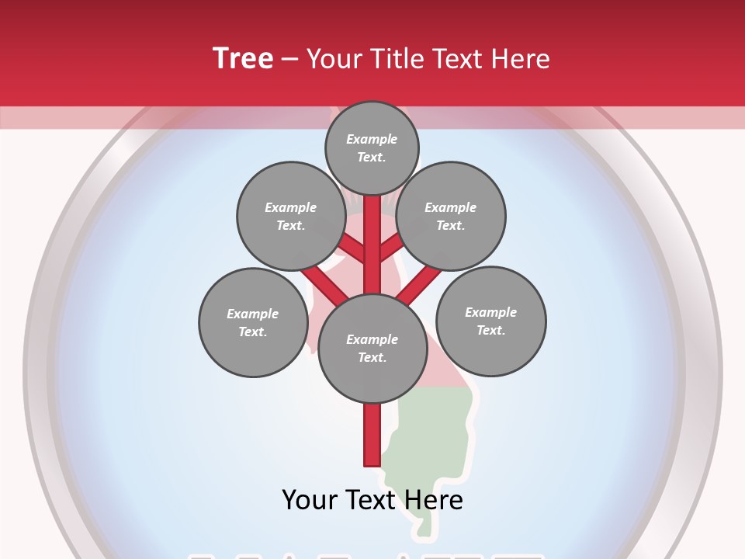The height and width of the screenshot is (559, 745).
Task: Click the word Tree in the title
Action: click(243, 58)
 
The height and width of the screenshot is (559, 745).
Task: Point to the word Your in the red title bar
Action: click(336, 58)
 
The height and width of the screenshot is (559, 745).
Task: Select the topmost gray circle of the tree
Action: click(372, 148)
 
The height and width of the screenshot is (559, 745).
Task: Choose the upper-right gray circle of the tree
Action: click(451, 216)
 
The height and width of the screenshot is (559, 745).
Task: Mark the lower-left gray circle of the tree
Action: click(253, 322)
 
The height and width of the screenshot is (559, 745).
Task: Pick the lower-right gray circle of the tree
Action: click(491, 321)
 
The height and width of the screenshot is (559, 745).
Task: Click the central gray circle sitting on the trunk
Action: click(372, 348)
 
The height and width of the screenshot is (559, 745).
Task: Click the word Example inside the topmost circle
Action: click(372, 140)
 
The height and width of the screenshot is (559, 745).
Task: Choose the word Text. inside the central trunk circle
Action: click(372, 357)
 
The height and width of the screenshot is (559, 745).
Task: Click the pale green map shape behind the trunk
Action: click(435, 435)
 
